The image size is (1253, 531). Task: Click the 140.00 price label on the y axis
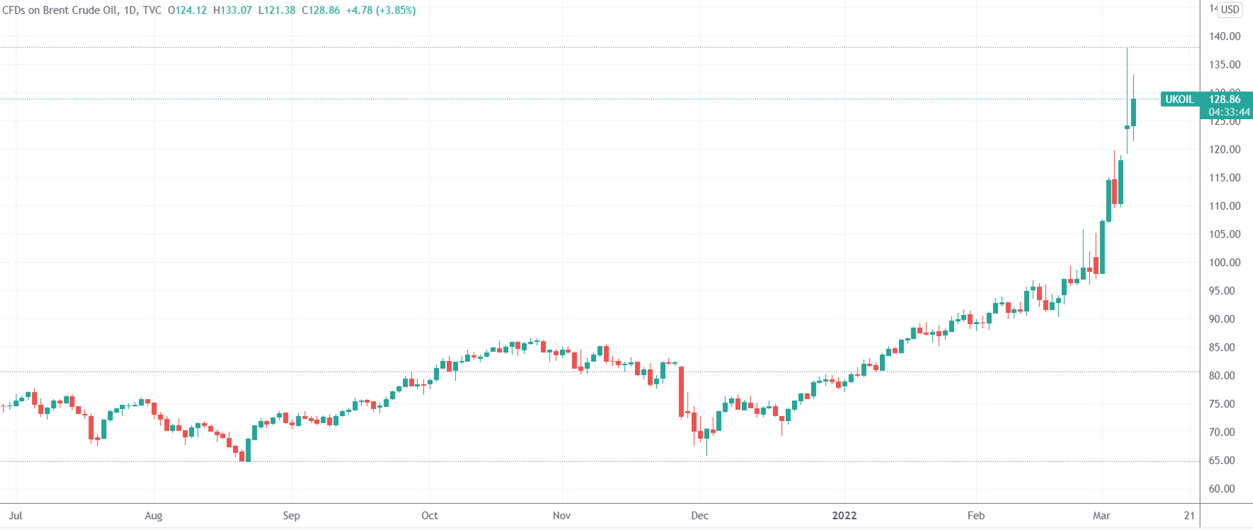[1224, 36]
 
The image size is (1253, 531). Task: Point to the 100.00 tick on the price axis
[1224, 263]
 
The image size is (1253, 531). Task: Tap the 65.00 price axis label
[1224, 461]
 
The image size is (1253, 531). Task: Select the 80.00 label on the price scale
[1224, 376]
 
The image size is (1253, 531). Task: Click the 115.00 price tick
[1224, 178]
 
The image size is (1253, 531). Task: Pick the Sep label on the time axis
[291, 516]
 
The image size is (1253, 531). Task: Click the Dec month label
[699, 516]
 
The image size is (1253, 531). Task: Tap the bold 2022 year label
[844, 516]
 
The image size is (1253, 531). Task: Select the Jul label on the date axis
[15, 516]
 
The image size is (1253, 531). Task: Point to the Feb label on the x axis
[975, 516]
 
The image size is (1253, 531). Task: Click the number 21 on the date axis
[1189, 516]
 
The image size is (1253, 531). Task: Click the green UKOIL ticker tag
[1179, 100]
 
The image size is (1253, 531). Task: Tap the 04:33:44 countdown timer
[1229, 112]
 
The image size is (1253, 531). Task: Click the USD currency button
[1229, 10]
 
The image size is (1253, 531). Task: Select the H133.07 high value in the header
[232, 10]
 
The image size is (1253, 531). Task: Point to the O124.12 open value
[188, 10]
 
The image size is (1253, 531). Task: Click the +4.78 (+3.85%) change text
[381, 10]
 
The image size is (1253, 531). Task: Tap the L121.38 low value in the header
[277, 10]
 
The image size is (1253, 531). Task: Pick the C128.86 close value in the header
[321, 10]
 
